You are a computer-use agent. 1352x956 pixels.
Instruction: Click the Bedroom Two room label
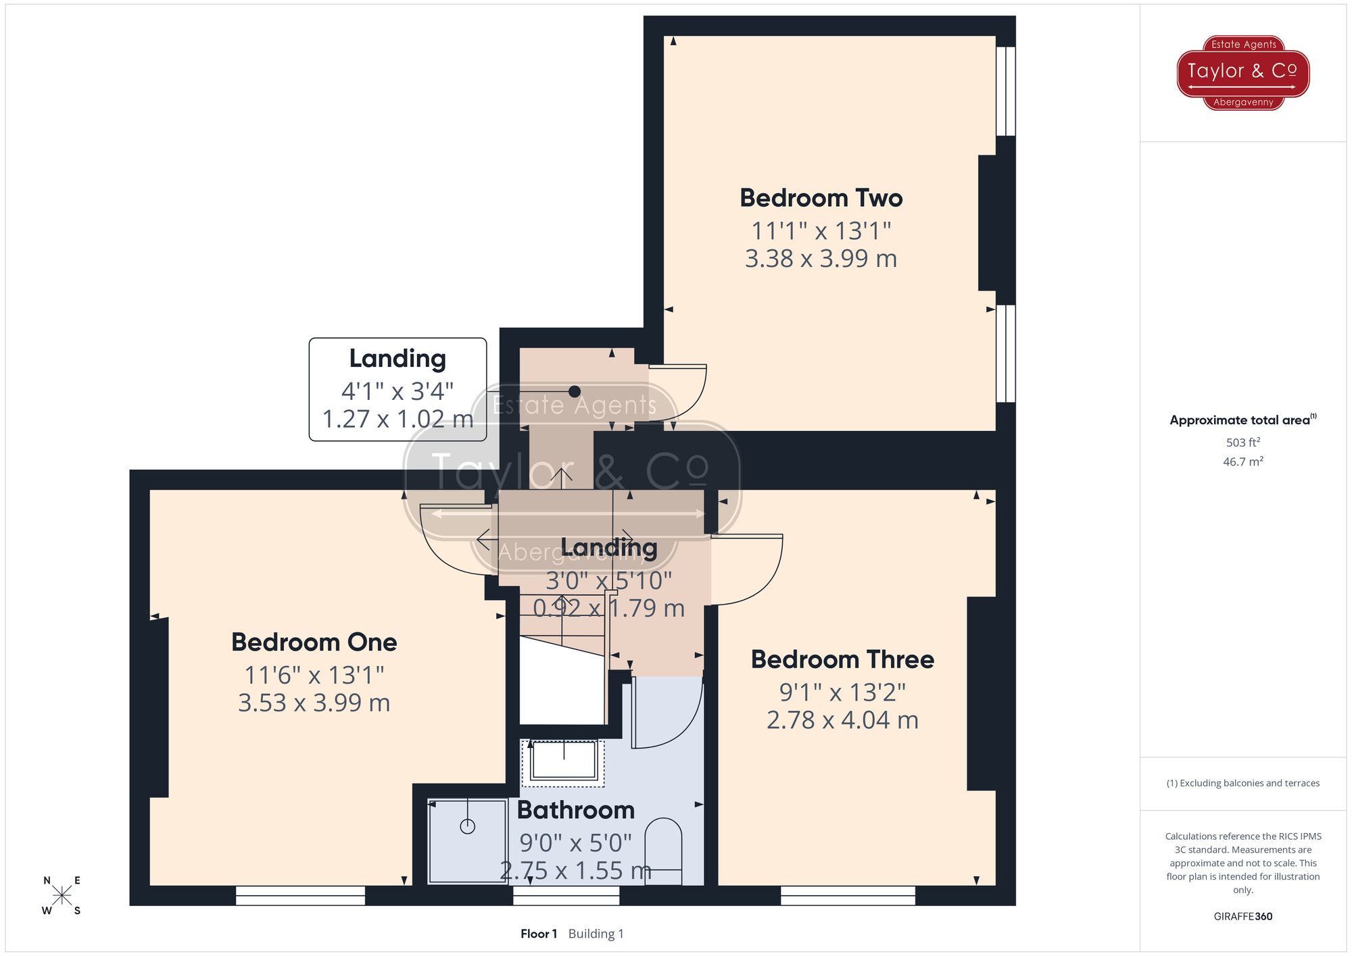(x=821, y=198)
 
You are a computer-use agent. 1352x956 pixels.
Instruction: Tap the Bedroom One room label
(x=314, y=642)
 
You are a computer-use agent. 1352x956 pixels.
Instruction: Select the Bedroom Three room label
(x=842, y=659)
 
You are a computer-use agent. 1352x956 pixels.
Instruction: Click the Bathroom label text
(x=575, y=810)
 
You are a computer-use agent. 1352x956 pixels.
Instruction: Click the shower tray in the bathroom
(x=467, y=841)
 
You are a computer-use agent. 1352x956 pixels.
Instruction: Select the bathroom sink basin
(x=563, y=761)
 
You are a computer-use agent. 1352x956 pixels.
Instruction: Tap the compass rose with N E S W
(x=62, y=896)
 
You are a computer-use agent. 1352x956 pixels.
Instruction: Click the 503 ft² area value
(x=1242, y=443)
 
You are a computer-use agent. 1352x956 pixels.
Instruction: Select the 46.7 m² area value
(x=1242, y=462)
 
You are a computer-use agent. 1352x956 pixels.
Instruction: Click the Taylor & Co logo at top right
(x=1243, y=72)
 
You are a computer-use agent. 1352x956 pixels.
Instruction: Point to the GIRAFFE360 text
(x=1242, y=916)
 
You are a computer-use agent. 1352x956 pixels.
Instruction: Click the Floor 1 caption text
(x=539, y=934)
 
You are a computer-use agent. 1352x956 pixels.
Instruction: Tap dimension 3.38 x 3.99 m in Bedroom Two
(x=821, y=259)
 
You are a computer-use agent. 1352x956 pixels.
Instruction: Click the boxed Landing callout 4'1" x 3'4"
(x=397, y=390)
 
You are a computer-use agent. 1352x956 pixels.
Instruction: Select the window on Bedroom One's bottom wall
(x=300, y=896)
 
